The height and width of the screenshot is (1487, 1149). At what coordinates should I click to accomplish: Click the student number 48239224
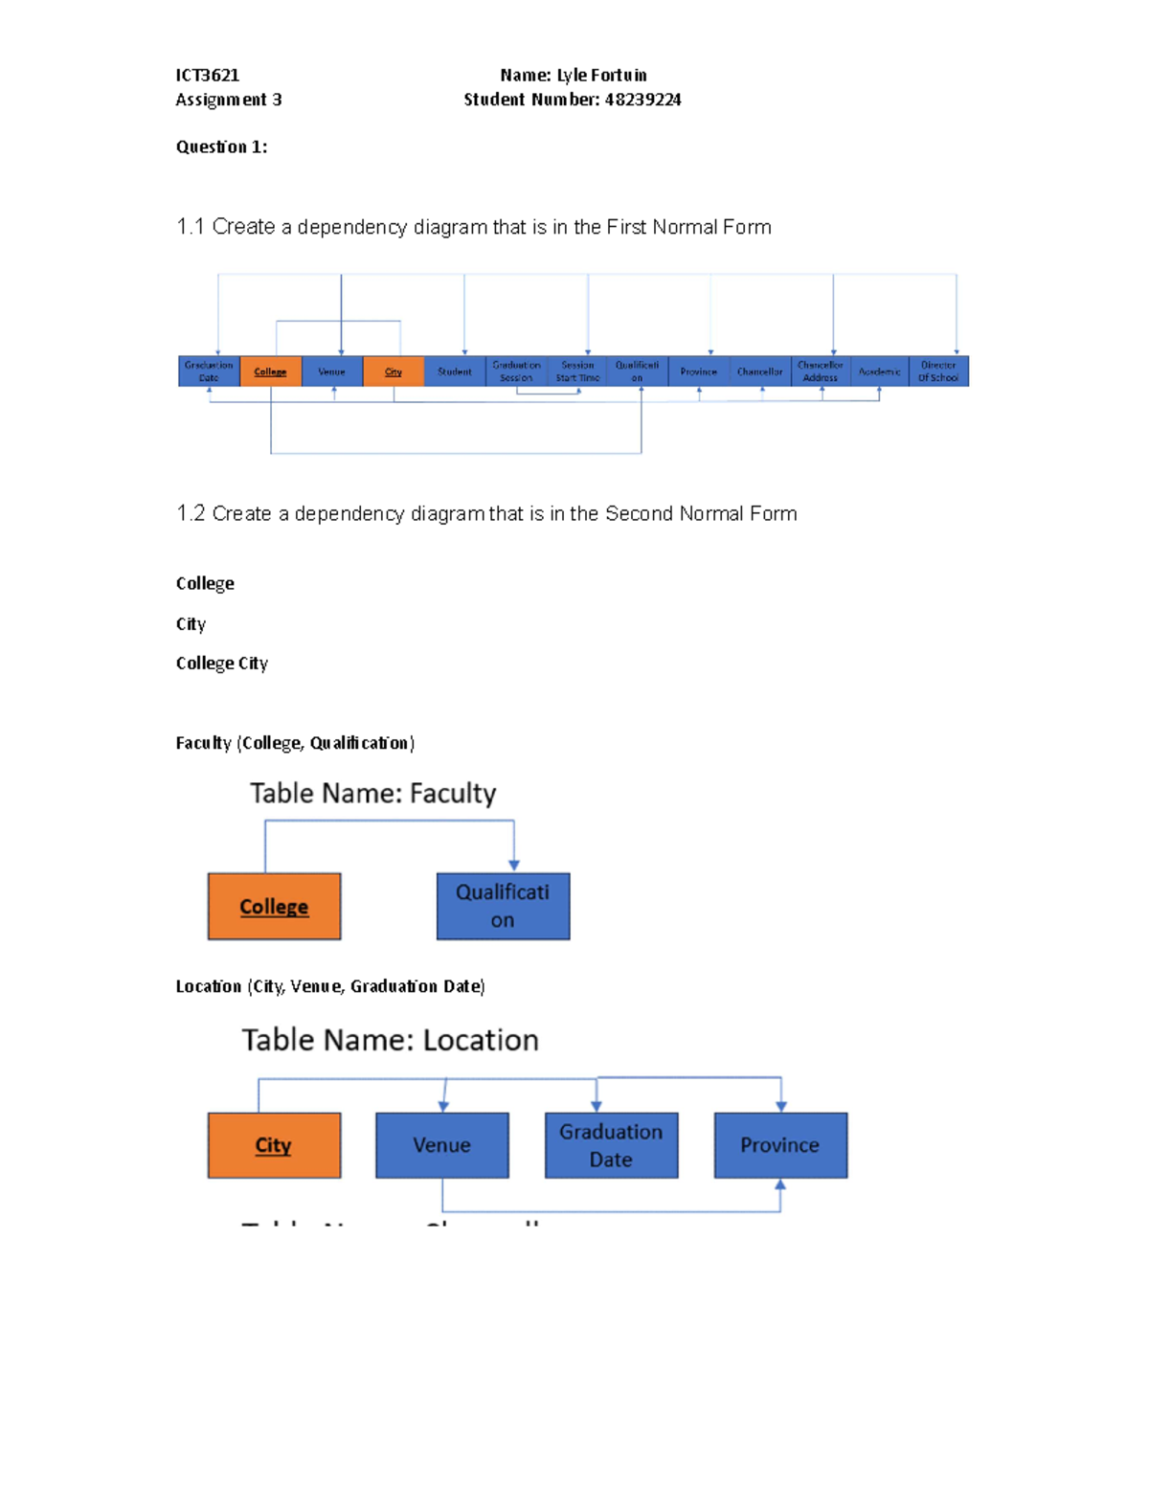click(642, 100)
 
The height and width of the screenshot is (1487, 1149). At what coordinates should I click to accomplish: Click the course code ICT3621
click(208, 75)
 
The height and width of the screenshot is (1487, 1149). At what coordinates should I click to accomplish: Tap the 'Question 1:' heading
click(221, 146)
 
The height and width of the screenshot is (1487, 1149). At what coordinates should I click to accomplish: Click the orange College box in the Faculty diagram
click(274, 906)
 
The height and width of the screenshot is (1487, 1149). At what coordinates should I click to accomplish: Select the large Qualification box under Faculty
click(503, 906)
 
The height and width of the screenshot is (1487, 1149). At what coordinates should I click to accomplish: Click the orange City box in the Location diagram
click(274, 1145)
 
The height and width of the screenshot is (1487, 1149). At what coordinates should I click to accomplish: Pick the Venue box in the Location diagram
click(441, 1145)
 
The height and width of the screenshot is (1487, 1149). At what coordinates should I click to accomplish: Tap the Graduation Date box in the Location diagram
click(611, 1145)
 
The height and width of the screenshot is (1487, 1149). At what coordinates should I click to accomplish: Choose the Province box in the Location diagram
click(780, 1145)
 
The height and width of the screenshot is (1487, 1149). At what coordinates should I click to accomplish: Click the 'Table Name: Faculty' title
click(373, 793)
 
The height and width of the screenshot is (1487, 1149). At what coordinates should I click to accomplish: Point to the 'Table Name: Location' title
click(390, 1040)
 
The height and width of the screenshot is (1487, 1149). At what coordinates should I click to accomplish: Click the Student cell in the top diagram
click(454, 372)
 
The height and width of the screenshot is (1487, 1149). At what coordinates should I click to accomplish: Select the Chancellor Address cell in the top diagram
click(821, 372)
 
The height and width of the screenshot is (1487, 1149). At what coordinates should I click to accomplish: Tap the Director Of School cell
click(938, 372)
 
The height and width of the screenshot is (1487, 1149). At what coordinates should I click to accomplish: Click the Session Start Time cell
click(577, 372)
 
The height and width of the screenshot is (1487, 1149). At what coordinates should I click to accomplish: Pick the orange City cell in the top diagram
click(394, 372)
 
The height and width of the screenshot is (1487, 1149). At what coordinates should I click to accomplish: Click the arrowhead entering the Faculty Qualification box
click(514, 865)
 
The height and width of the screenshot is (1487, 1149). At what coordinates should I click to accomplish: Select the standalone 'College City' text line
click(222, 664)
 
